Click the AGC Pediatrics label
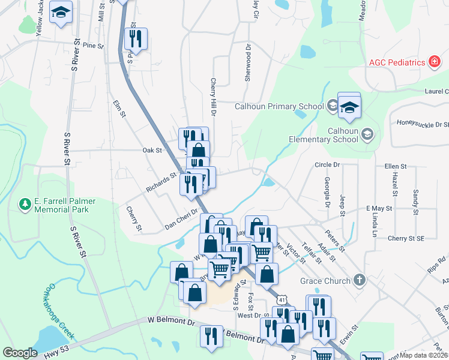coord(396,62)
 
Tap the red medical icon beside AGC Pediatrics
coord(433,62)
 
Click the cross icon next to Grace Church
coord(359,280)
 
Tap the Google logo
coord(20,353)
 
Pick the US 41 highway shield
coord(281,298)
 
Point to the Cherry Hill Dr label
coord(213,96)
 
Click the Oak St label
coord(152,151)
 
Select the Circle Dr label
coord(327,164)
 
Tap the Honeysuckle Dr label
coord(423,124)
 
